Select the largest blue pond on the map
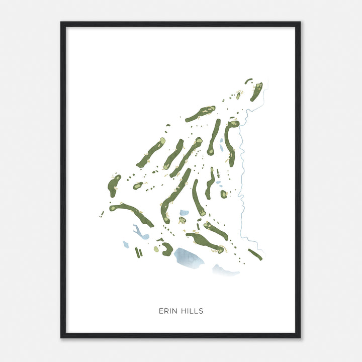pos(189,258)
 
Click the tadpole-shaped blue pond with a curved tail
pos(139,233)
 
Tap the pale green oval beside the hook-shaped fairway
pos(156,249)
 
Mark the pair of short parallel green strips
pos(139,252)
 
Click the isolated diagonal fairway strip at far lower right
pos(255,254)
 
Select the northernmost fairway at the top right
pos(256,92)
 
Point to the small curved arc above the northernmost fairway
pos(248,80)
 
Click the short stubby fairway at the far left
pos(114,185)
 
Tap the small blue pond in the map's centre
pos(185,213)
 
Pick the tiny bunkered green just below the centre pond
pos(182,220)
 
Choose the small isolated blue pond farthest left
pos(126,245)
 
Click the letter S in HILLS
pos(201,311)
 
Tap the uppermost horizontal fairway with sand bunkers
pos(200,114)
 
